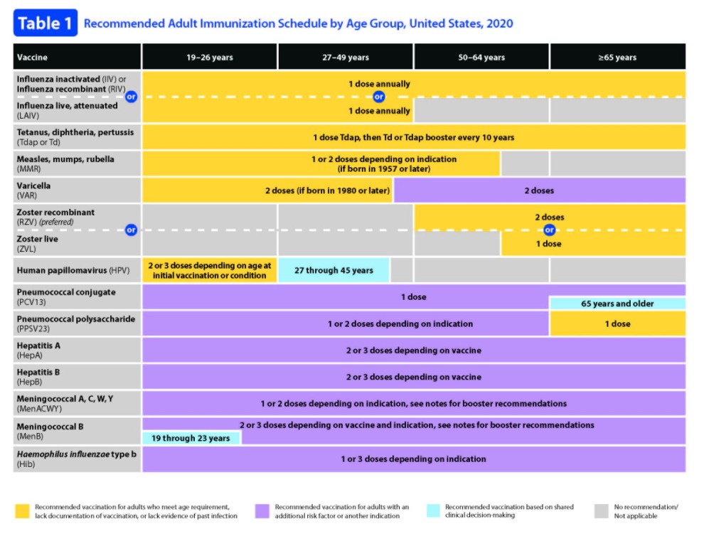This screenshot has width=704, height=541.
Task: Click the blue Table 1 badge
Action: click(x=46, y=23)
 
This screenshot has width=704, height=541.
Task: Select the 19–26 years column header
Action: click(x=209, y=57)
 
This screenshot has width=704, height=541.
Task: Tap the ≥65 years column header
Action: click(x=617, y=57)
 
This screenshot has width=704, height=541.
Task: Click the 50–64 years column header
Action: click(x=481, y=57)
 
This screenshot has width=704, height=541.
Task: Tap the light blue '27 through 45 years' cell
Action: click(x=334, y=270)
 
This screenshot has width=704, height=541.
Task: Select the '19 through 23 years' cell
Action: click(x=191, y=438)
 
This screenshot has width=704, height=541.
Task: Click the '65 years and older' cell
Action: click(x=617, y=303)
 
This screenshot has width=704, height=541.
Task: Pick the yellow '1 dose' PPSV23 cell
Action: click(x=617, y=323)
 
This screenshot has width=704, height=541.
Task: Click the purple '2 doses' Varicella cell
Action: click(x=539, y=191)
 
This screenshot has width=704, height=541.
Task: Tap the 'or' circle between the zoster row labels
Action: click(x=131, y=230)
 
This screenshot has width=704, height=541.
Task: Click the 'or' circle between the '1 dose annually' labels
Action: click(x=379, y=97)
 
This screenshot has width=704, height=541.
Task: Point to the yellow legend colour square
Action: click(x=23, y=511)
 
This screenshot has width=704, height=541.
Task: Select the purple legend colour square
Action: click(x=262, y=511)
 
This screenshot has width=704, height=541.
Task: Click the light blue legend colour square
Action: click(x=433, y=511)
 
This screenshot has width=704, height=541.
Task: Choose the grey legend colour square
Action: click(x=602, y=511)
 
